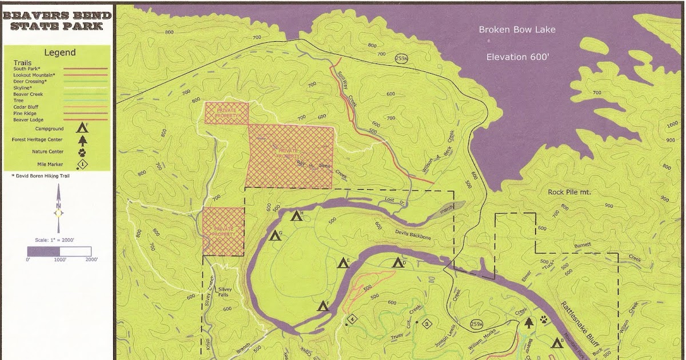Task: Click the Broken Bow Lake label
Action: click(517, 30)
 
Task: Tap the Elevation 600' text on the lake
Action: click(517, 57)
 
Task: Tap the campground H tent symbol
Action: click(296, 216)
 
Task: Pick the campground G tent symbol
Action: click(276, 235)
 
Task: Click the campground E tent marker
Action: click(343, 263)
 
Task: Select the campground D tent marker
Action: click(398, 263)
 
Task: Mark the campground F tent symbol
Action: click(323, 306)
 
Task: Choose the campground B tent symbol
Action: click(557, 343)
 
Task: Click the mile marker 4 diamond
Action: click(353, 319)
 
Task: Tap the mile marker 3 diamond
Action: click(427, 325)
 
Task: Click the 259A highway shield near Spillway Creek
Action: click(401, 59)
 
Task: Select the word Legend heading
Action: click(60, 53)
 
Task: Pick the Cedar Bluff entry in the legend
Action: click(26, 107)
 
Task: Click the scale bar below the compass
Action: click(59, 251)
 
